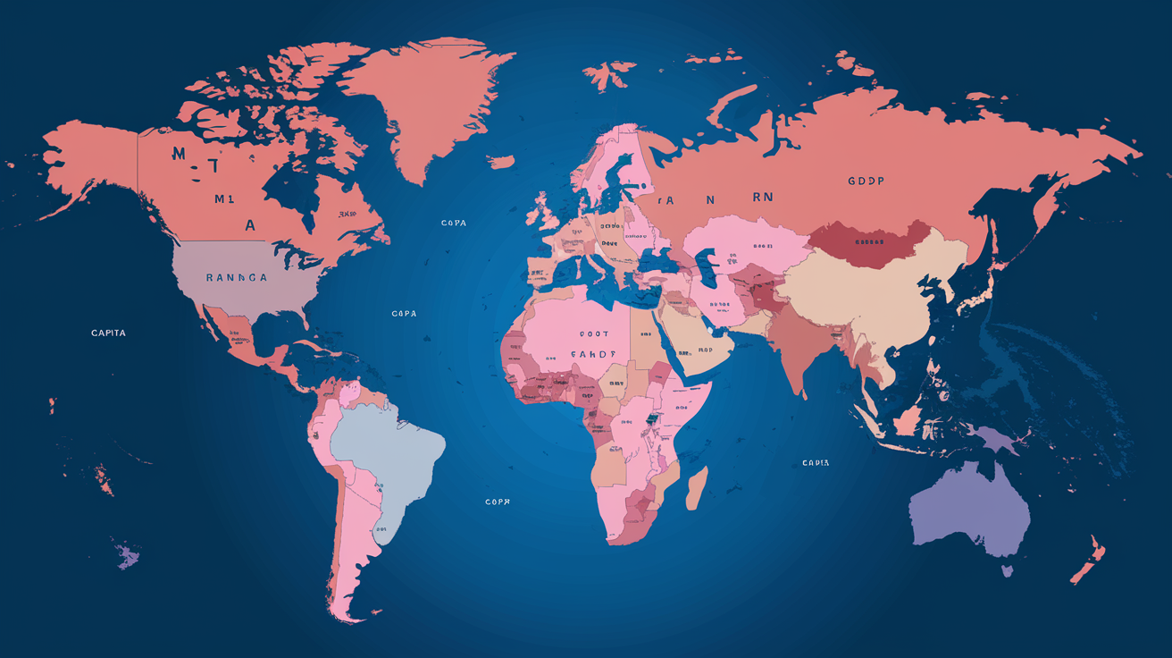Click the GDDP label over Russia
click(866, 181)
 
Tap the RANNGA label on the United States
click(236, 278)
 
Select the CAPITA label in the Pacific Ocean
click(109, 333)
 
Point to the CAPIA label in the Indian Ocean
click(816, 463)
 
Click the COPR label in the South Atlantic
click(497, 502)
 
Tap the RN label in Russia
click(761, 198)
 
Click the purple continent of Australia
click(969, 510)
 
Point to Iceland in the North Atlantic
click(501, 163)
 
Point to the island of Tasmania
click(1007, 569)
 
